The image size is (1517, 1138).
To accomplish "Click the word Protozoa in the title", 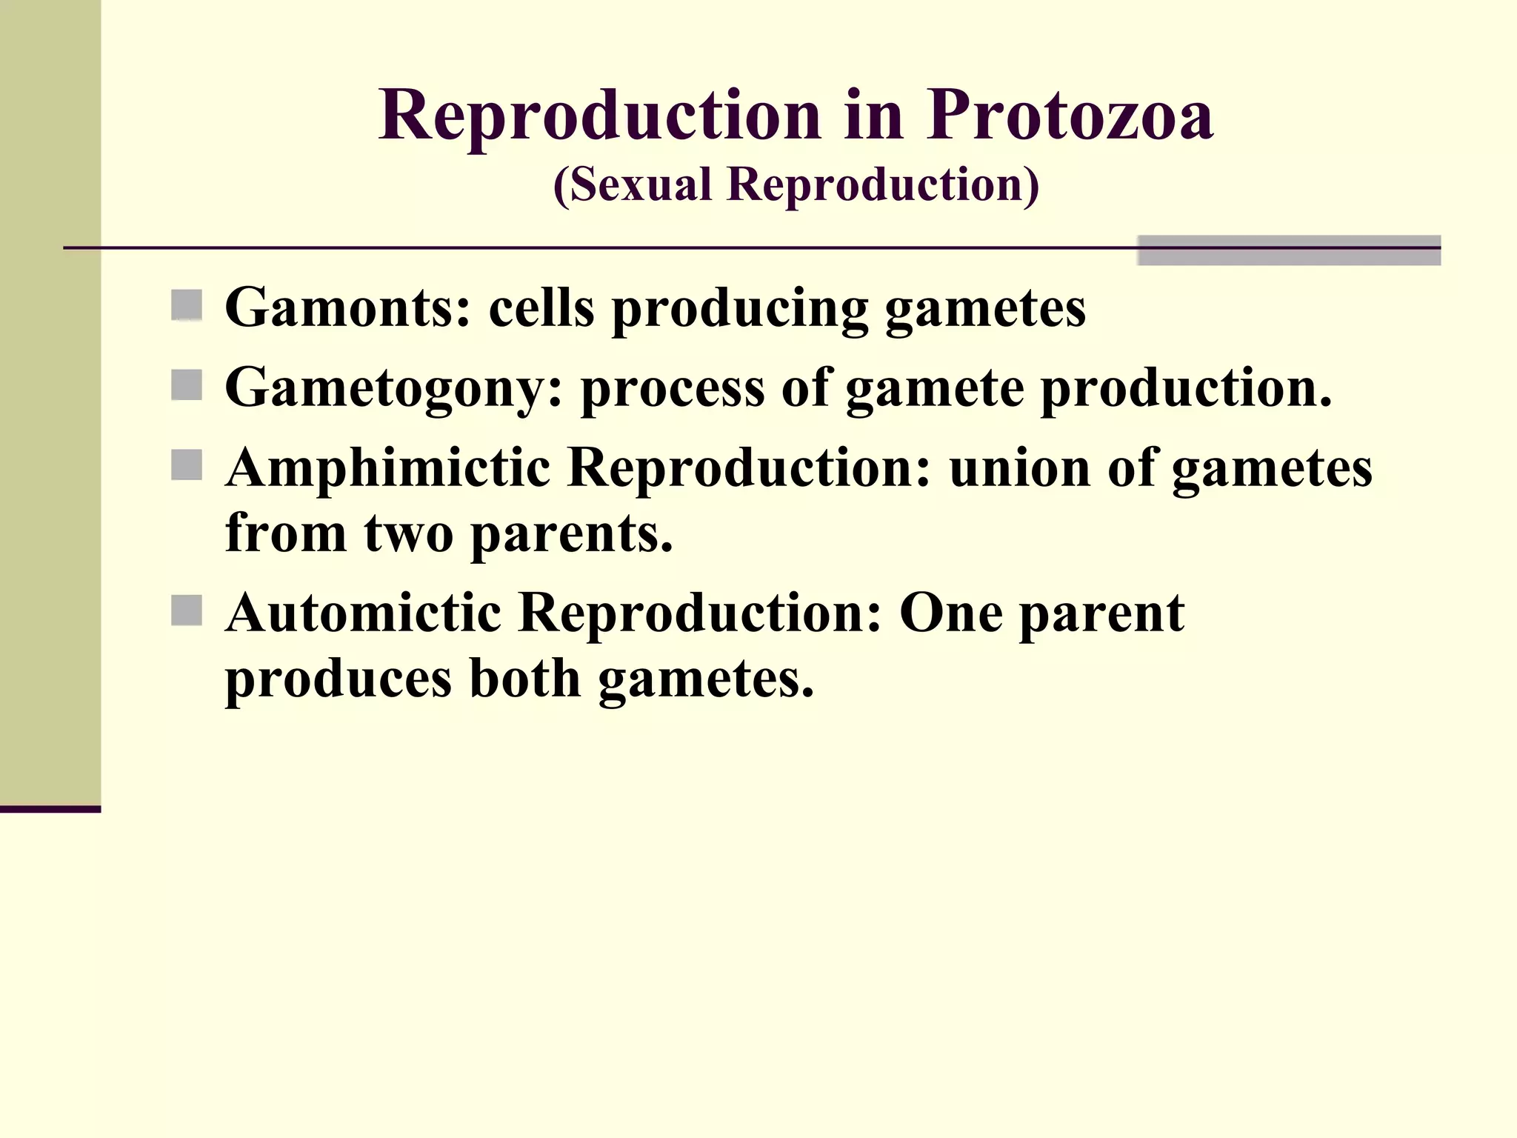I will (x=1070, y=116).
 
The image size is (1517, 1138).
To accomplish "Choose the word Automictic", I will (x=363, y=613).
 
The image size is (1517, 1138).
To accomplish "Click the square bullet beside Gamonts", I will (x=187, y=305).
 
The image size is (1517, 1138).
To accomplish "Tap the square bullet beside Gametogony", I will (x=187, y=385).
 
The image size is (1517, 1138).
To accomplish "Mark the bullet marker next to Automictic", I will (x=187, y=610).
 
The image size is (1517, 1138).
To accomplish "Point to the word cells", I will (x=541, y=307).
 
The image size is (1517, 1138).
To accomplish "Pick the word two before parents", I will (x=409, y=533).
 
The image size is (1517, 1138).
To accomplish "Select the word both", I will (x=525, y=679).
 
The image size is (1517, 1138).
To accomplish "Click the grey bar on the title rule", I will (x=1289, y=250).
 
